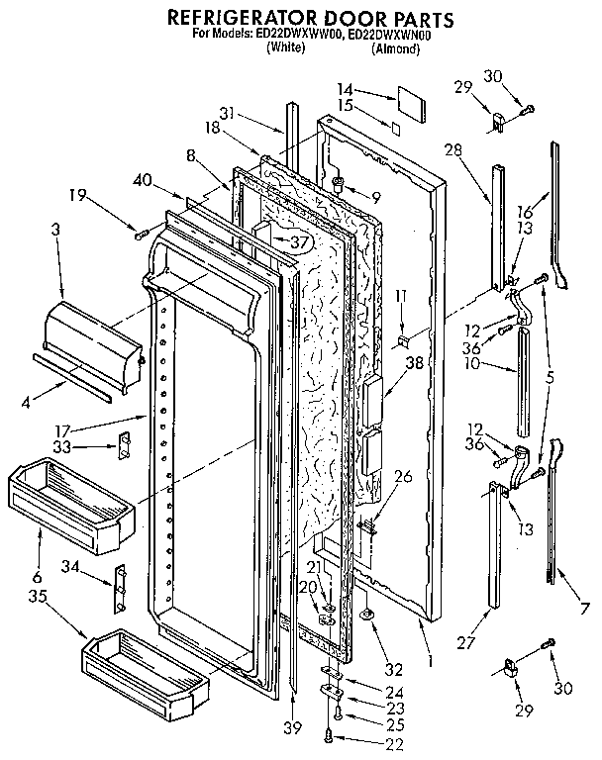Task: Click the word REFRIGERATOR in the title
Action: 233,19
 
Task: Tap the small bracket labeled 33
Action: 126,447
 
